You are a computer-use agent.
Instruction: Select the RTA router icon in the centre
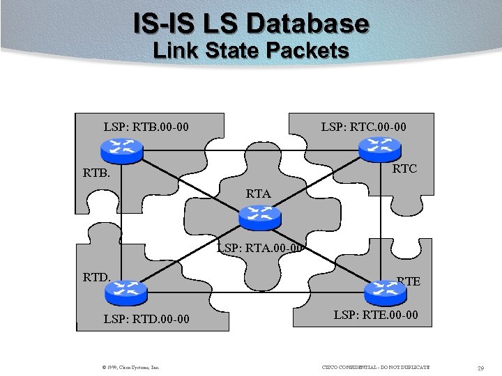[x=259, y=218]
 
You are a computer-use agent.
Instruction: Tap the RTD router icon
[x=126, y=293]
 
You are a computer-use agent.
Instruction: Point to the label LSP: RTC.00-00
[x=363, y=127]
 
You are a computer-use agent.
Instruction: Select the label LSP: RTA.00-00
[x=259, y=246]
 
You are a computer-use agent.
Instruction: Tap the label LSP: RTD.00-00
[x=146, y=319]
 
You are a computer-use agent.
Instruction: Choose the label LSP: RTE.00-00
[x=376, y=315]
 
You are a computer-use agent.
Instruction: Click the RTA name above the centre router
[x=258, y=194]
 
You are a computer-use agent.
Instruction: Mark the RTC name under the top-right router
[x=404, y=169]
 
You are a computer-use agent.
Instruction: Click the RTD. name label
[x=97, y=278]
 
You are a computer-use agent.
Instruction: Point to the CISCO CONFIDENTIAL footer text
[x=376, y=367]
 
